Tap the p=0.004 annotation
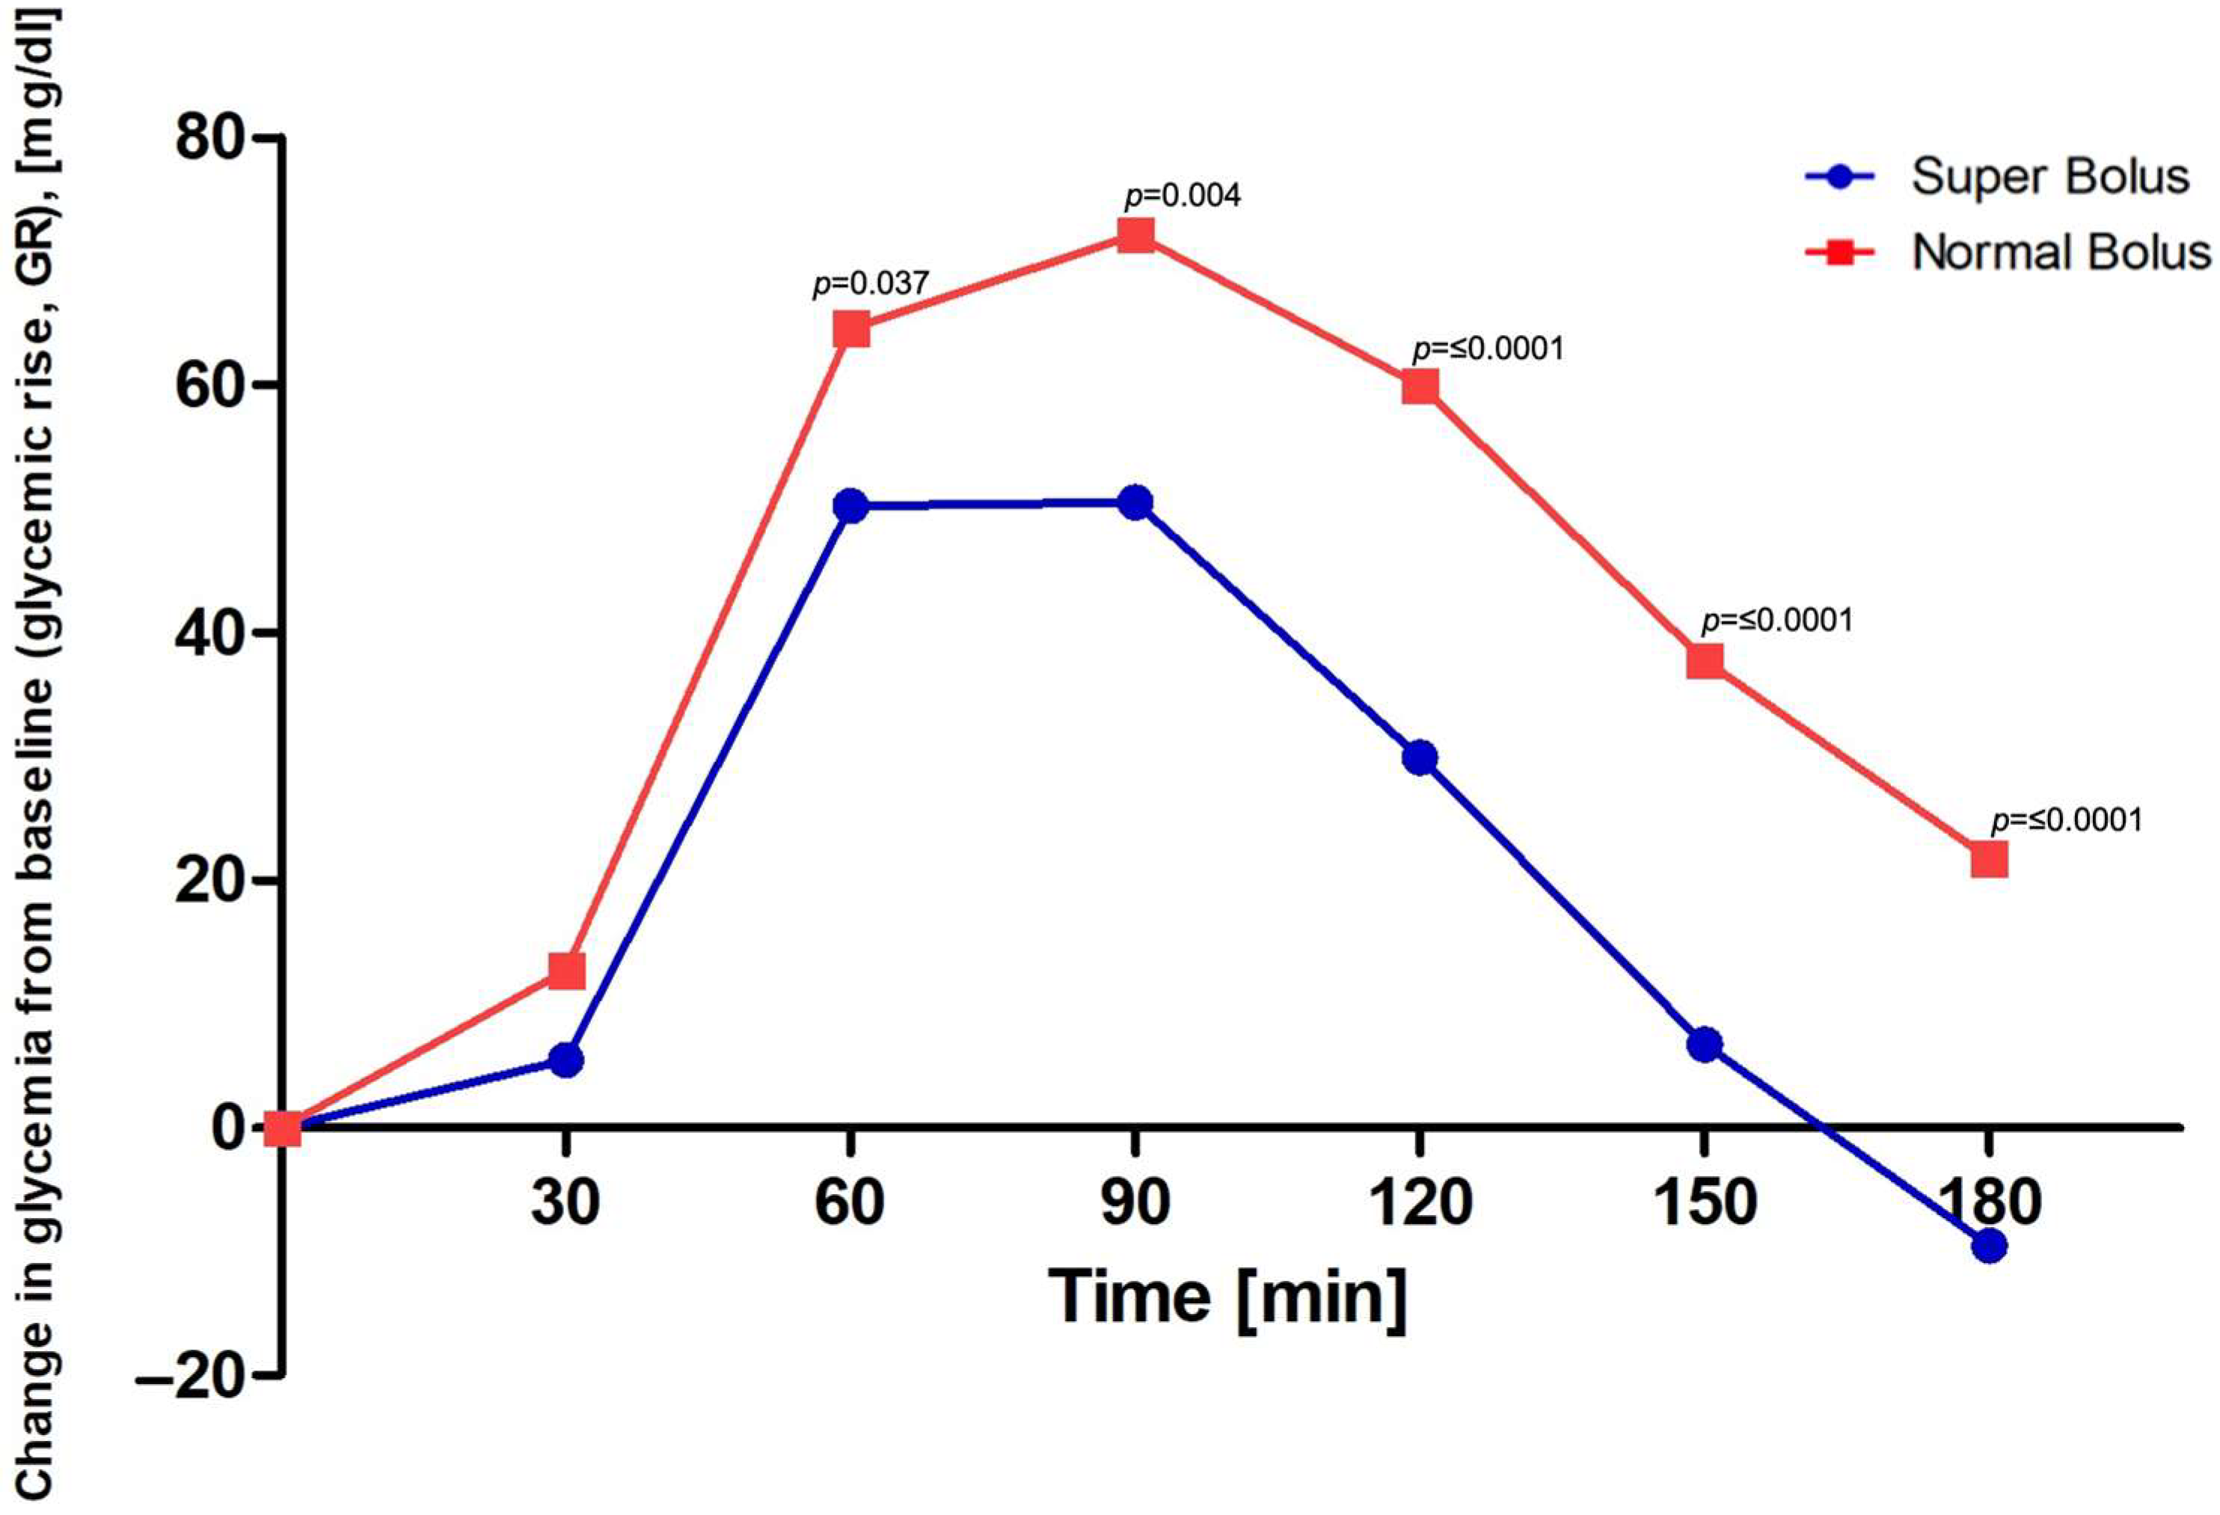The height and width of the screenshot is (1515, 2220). (1183, 197)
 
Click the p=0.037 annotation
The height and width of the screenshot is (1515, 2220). (870, 283)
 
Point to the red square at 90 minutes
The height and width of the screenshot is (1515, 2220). (1135, 235)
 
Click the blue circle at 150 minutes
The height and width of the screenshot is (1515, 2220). (1704, 1045)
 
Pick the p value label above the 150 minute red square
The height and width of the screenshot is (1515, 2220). (1776, 621)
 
